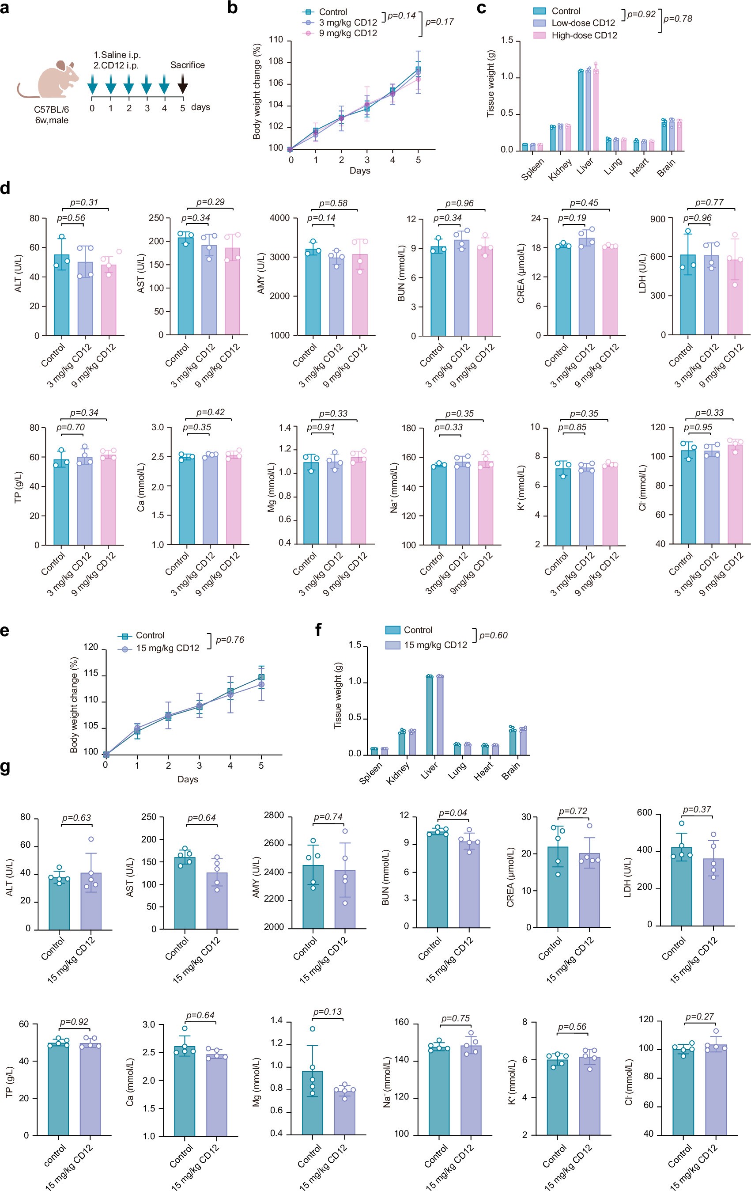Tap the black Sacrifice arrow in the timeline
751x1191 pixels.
tap(182, 84)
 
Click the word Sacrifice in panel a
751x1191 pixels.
tap(187, 65)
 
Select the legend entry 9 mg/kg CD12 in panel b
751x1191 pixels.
tap(347, 33)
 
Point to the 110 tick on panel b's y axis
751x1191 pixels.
tap(276, 40)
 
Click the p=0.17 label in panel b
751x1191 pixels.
tap(440, 22)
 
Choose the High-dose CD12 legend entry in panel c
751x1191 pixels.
tap(584, 35)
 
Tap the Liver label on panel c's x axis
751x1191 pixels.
tap(585, 167)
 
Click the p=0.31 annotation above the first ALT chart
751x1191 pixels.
tap(84, 202)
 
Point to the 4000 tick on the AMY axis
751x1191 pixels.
tap(280, 218)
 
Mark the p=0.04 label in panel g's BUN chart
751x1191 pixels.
tap(453, 813)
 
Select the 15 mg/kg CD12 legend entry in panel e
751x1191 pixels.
tap(167, 648)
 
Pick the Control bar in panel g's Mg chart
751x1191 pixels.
tap(313, 1103)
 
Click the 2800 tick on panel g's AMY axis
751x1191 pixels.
tap(274, 815)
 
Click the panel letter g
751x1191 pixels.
tap(6, 767)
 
